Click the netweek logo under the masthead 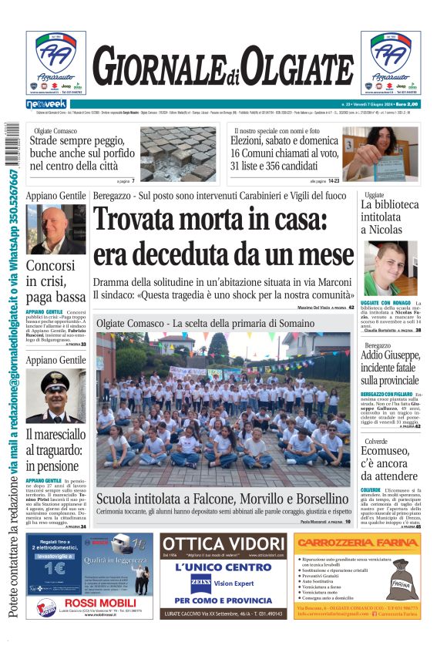coord(46,103)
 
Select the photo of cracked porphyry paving coord(178,153)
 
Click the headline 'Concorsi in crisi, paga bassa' coord(55,281)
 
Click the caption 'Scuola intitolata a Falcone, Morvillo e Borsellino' coord(223,499)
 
